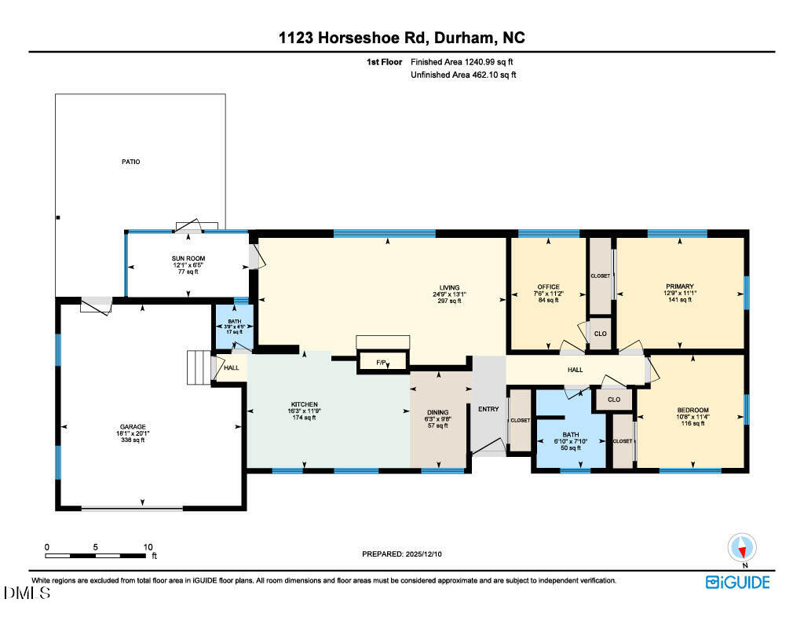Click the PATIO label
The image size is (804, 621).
(x=131, y=162)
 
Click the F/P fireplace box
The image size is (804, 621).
(x=382, y=363)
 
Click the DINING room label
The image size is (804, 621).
(x=437, y=413)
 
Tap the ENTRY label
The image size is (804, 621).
(x=488, y=408)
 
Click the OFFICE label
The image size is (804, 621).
(x=548, y=287)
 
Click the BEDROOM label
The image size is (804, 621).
(x=693, y=410)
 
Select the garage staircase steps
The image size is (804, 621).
(x=199, y=367)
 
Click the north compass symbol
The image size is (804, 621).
(x=741, y=548)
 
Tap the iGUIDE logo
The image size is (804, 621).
(x=738, y=582)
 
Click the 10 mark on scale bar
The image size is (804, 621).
(x=147, y=546)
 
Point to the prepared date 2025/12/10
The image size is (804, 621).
(x=407, y=554)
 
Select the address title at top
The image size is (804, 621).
(x=401, y=37)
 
